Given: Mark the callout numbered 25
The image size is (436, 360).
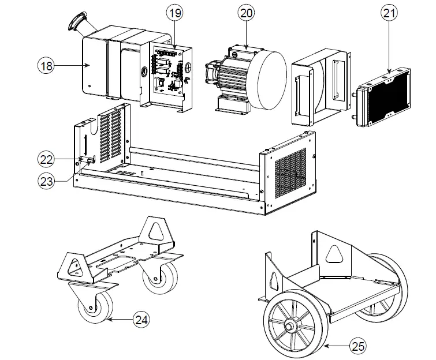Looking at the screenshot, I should tap(358, 346).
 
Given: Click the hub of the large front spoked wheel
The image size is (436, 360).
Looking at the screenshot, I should tap(289, 326).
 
